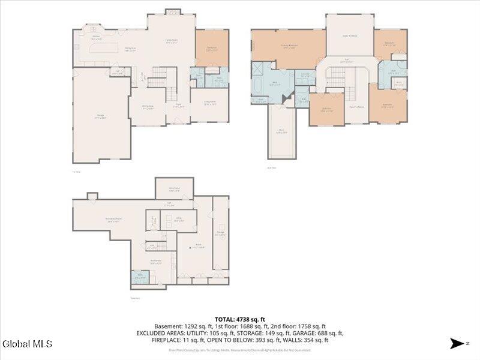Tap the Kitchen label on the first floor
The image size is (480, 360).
(x=96, y=38)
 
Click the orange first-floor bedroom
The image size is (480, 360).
(x=212, y=49)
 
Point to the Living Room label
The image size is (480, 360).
(x=209, y=103)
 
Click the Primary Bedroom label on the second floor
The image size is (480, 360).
(x=289, y=46)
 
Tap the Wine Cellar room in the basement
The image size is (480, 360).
(x=175, y=190)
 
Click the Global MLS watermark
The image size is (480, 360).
(x=28, y=344)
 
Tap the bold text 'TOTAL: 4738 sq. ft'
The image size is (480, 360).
(x=240, y=319)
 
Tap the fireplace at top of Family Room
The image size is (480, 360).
(x=172, y=11)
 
